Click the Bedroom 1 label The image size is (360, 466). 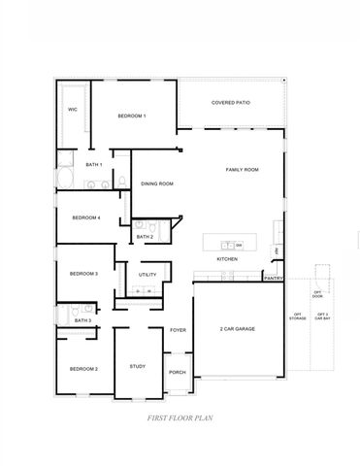(132, 116)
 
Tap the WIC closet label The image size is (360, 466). (72, 110)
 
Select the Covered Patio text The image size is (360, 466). (233, 102)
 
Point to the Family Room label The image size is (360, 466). (243, 170)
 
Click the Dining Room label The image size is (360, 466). (157, 183)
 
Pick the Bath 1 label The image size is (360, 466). (94, 165)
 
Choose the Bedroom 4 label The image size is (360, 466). (86, 217)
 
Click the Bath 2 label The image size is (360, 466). (145, 236)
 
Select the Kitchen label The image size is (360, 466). (227, 259)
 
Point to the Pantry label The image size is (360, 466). (273, 279)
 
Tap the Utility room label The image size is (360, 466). (147, 275)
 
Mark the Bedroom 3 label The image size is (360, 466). (83, 274)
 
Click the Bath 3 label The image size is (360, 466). (83, 319)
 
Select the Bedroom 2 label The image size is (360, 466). (83, 369)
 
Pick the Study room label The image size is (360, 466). (137, 366)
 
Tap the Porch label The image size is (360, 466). (178, 372)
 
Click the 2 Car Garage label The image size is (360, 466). (238, 329)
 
